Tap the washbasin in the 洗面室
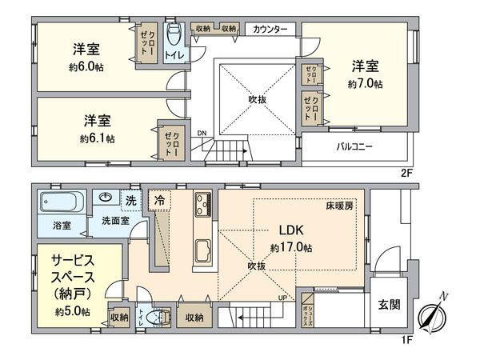[x=106, y=198]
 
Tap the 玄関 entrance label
[x=390, y=305]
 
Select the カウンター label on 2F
[x=270, y=30]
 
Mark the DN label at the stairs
[x=202, y=133]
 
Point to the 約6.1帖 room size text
[x=97, y=138]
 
